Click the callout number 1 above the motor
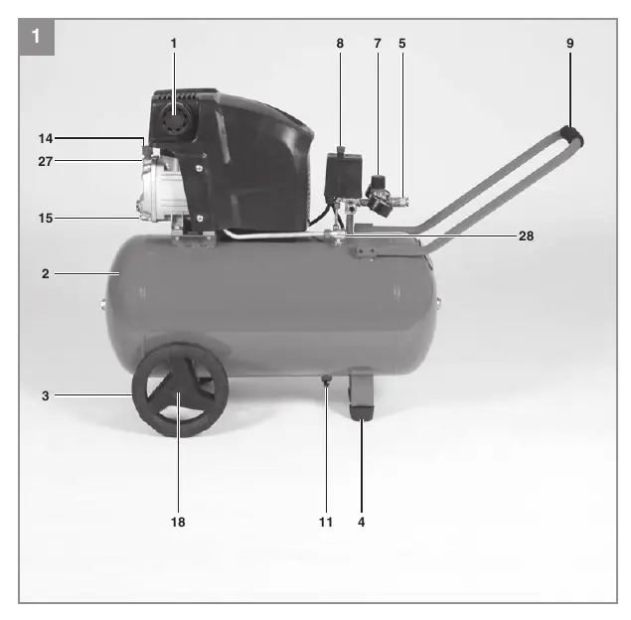[174, 43]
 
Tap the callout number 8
[340, 43]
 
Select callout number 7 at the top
[378, 43]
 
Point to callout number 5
[402, 43]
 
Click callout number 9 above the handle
[569, 43]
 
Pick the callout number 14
[46, 138]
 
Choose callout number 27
[46, 161]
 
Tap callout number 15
[46, 218]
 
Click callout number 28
[526, 235]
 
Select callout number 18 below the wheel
[178, 522]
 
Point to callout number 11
[326, 522]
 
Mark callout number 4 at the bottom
[362, 522]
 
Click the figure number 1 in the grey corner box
[36, 36]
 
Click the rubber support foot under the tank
[362, 412]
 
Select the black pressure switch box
[343, 176]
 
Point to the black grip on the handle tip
[572, 136]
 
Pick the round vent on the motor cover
[175, 119]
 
